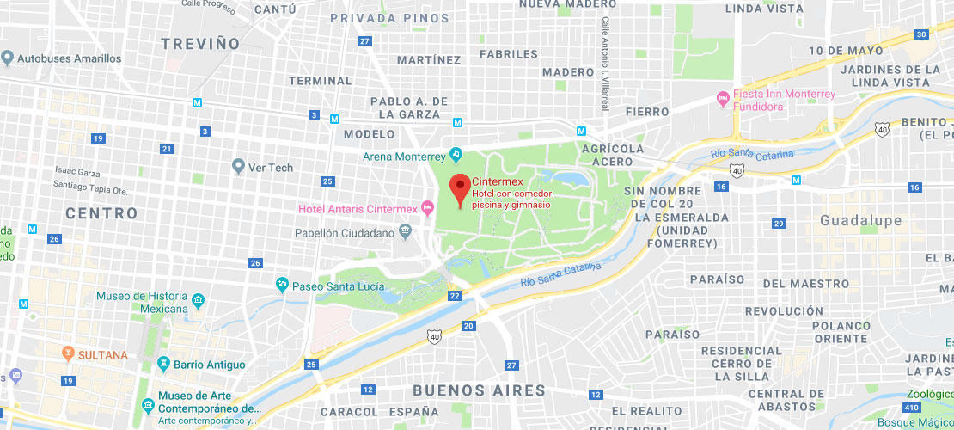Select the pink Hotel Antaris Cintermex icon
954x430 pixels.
tap(426, 209)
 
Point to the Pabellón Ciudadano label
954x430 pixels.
tap(344, 232)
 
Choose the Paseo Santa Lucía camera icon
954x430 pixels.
tap(281, 285)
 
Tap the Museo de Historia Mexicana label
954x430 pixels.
tap(142, 302)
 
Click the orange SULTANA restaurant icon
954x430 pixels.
tap(68, 353)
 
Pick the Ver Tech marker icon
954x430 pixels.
tap(238, 167)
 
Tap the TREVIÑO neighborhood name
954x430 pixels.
tap(200, 43)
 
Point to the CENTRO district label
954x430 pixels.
tap(101, 212)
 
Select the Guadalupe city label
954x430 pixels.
tap(860, 220)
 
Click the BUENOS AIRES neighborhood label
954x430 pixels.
tap(479, 390)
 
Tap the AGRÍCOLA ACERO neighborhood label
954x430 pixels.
tap(613, 155)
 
